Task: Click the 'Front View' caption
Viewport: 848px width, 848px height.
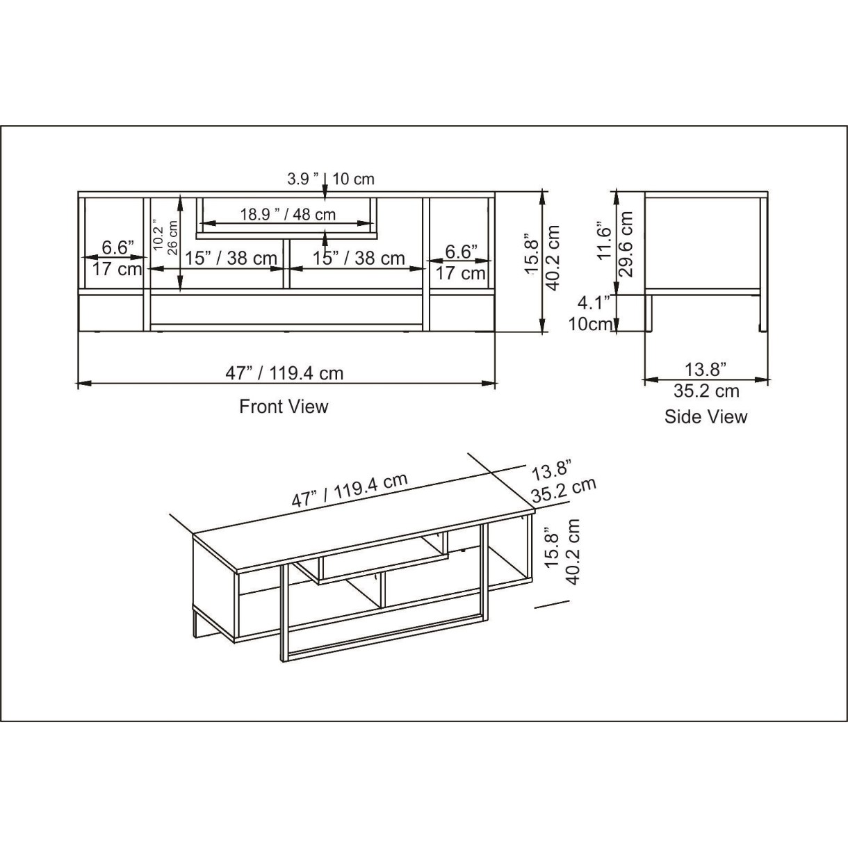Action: [284, 407]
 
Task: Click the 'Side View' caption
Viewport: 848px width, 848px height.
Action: [706, 417]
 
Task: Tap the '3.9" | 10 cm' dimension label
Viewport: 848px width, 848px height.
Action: [331, 179]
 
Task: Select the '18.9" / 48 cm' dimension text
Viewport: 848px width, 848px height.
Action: [288, 214]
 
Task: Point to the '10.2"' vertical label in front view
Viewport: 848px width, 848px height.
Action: [159, 238]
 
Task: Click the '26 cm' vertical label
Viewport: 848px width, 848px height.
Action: [173, 238]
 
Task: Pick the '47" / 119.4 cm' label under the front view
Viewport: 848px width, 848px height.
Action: [284, 374]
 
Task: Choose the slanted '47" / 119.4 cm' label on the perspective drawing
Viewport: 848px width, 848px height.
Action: [350, 490]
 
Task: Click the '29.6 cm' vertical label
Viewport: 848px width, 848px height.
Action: [626, 244]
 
